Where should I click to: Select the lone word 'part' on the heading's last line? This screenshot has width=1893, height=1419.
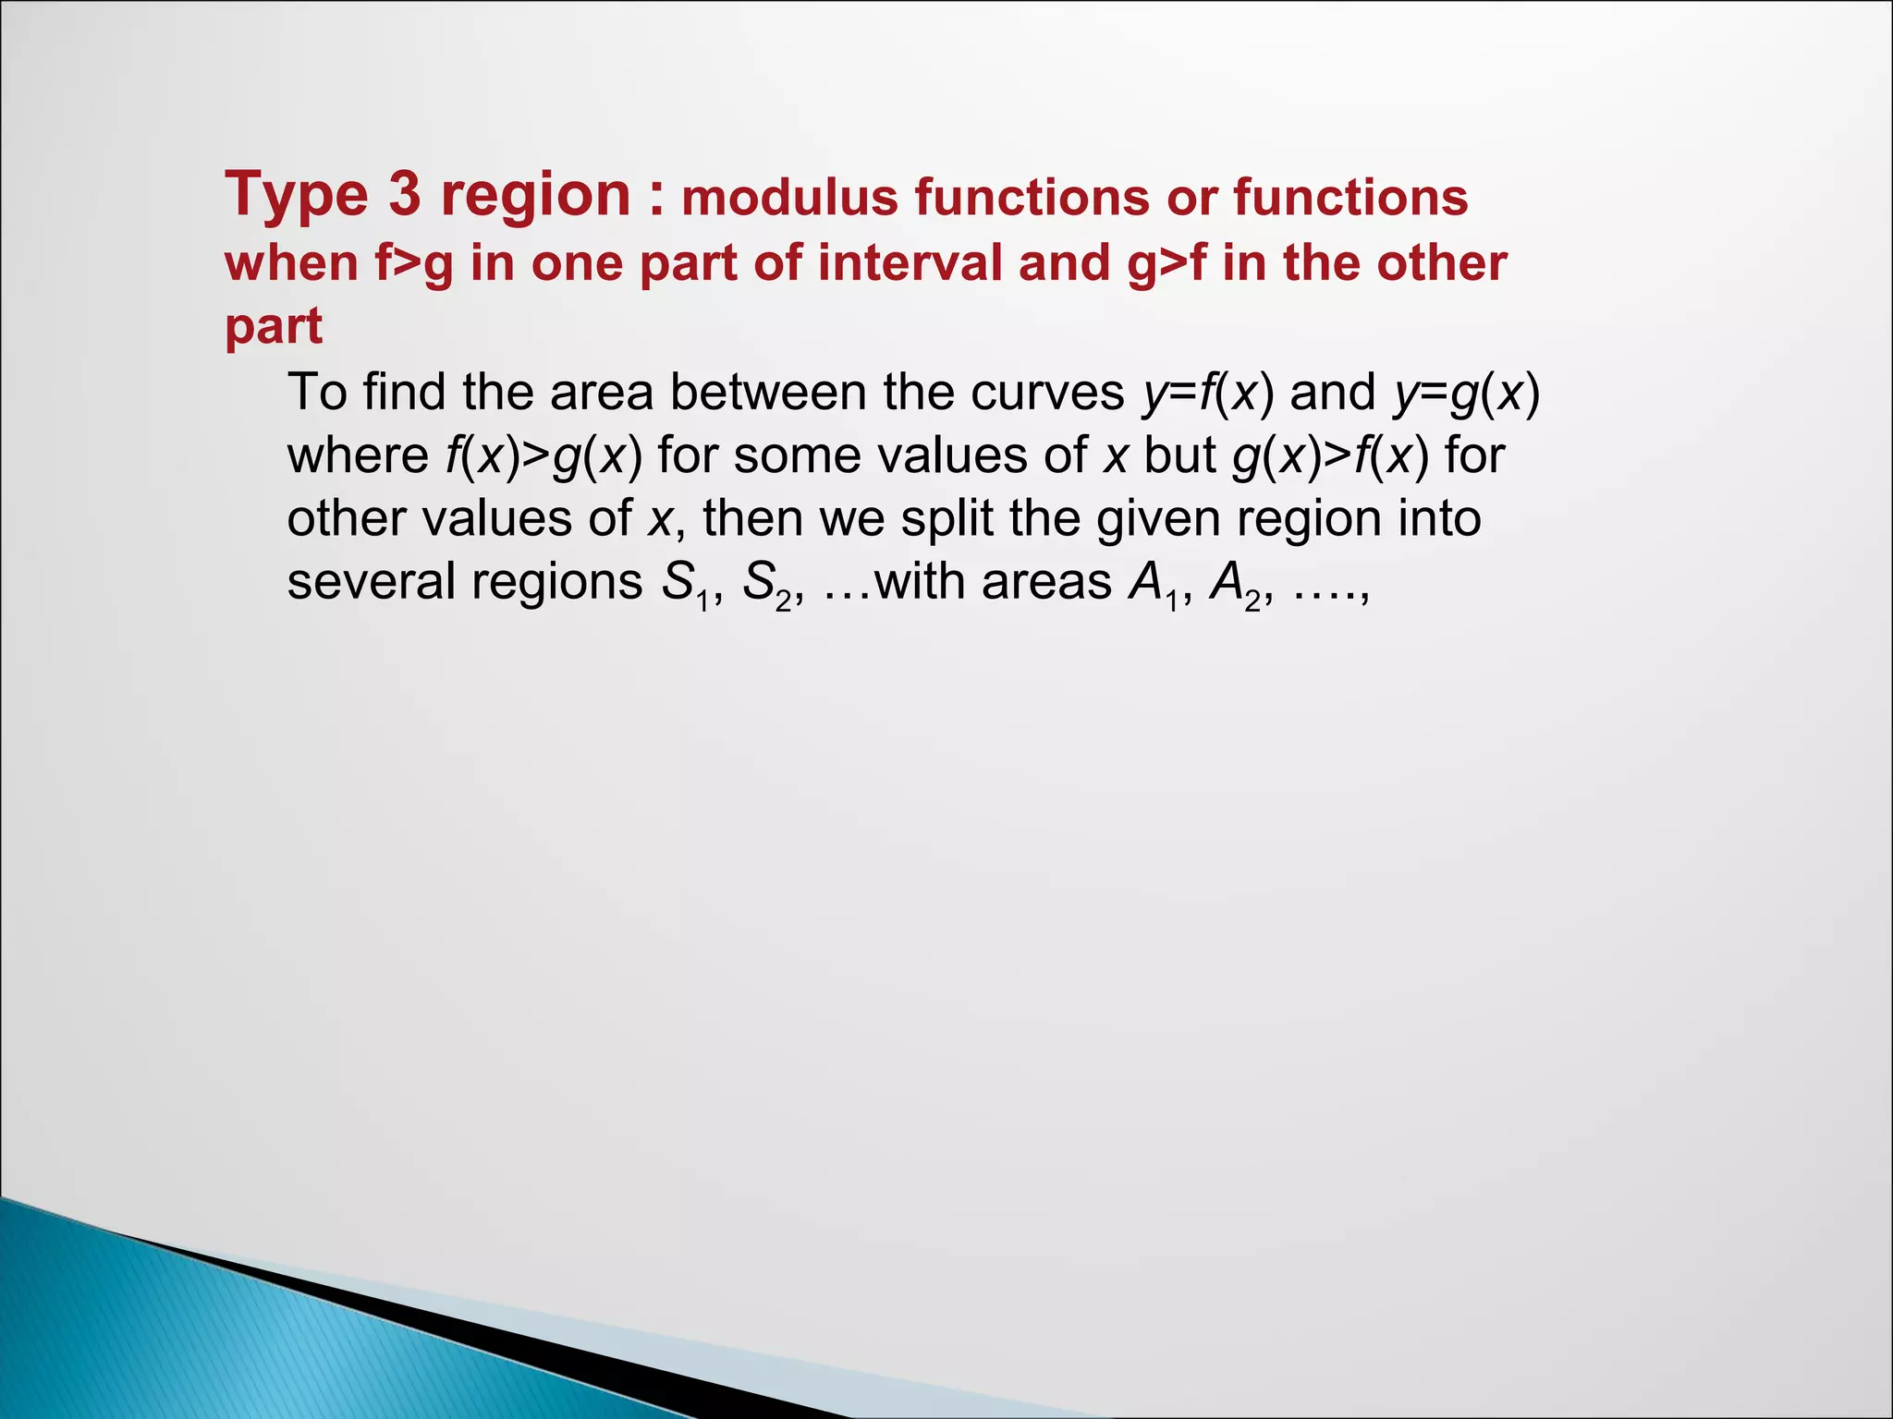[274, 327]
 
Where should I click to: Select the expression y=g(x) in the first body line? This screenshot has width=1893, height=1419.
[1467, 392]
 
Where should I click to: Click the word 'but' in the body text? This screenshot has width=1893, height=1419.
[1179, 455]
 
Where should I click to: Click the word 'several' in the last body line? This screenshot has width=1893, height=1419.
[371, 582]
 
